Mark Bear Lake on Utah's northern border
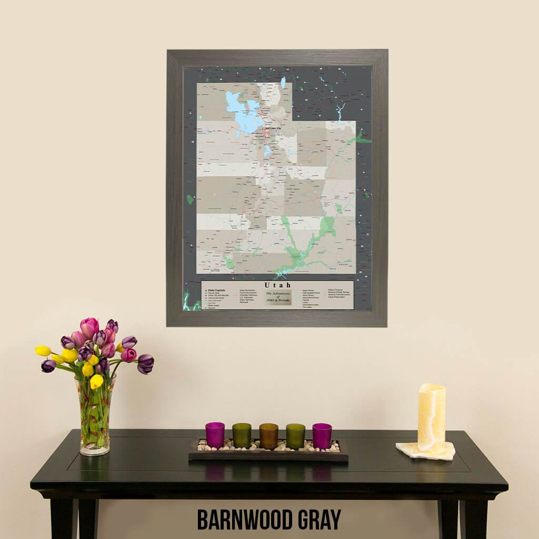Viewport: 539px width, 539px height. click(x=283, y=83)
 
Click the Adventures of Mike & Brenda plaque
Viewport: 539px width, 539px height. click(x=278, y=297)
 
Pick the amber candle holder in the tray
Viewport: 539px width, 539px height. click(x=268, y=436)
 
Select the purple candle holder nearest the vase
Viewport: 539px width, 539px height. click(x=215, y=435)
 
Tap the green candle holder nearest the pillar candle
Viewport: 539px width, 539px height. click(x=295, y=436)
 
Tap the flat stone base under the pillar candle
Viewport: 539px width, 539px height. click(x=425, y=451)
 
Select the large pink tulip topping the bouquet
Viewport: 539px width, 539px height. click(x=89, y=327)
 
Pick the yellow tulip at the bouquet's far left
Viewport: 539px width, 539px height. click(x=43, y=351)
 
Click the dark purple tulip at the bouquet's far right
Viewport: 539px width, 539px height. click(x=145, y=363)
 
